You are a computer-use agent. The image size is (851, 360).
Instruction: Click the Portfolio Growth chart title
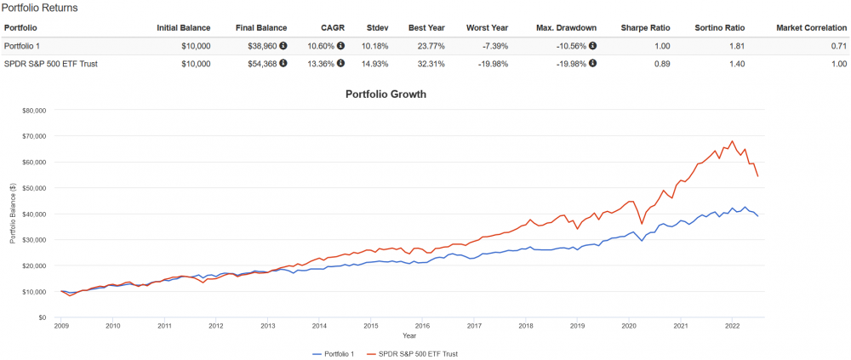point(386,94)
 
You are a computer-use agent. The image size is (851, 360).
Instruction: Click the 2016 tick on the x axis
point(422,326)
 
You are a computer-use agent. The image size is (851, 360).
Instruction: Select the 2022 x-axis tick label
point(732,326)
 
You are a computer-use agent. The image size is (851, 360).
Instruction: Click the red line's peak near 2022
point(732,141)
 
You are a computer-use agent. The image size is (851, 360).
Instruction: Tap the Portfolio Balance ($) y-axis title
point(12,213)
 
